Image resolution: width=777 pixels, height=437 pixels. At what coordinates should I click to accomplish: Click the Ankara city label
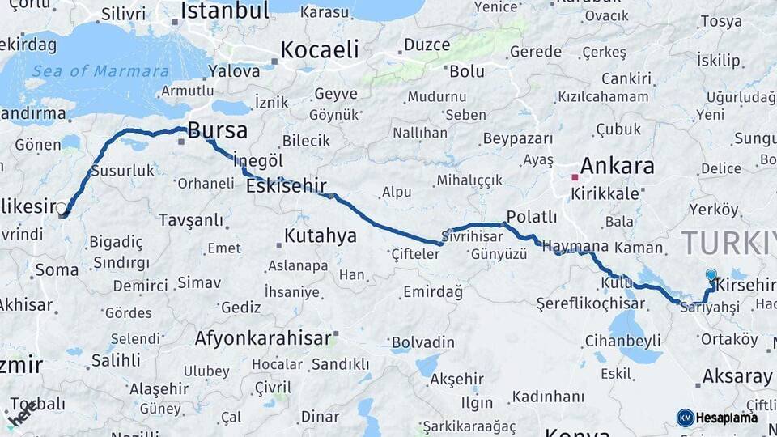(617, 167)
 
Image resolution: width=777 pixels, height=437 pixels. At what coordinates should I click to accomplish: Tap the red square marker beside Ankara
(575, 176)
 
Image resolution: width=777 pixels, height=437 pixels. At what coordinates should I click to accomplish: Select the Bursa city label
(217, 130)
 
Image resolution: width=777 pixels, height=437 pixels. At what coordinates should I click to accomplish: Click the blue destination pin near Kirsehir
(711, 276)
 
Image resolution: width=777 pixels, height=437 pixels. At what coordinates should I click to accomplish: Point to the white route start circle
(62, 208)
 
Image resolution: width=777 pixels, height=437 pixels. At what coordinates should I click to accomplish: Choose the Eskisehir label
(286, 185)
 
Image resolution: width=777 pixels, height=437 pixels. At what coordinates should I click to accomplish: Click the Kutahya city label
(321, 236)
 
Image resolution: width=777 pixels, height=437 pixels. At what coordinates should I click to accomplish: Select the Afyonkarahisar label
(263, 337)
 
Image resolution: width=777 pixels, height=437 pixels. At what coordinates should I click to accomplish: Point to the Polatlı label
(530, 217)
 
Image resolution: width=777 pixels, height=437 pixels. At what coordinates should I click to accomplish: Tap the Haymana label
(575, 246)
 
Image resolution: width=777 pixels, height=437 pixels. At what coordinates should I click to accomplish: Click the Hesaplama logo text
(727, 418)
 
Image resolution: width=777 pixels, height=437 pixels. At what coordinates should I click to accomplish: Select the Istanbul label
(224, 11)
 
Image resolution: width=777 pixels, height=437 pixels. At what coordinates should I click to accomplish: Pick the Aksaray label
(737, 376)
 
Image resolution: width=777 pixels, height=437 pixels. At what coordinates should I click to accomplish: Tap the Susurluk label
(122, 171)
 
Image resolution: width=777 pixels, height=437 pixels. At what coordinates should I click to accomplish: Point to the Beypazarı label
(517, 139)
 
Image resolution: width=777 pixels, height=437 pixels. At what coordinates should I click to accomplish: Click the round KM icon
(685, 418)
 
